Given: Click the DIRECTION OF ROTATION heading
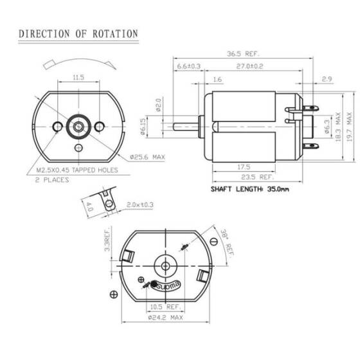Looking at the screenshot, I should click(x=78, y=33).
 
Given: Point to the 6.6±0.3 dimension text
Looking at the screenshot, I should click(x=188, y=66).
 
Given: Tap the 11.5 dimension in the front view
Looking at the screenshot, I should click(x=78, y=77).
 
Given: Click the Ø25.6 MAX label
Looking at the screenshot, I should click(x=148, y=156).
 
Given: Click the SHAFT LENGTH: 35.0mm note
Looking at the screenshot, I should click(x=249, y=189).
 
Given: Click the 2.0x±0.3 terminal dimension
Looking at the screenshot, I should click(x=139, y=204).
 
